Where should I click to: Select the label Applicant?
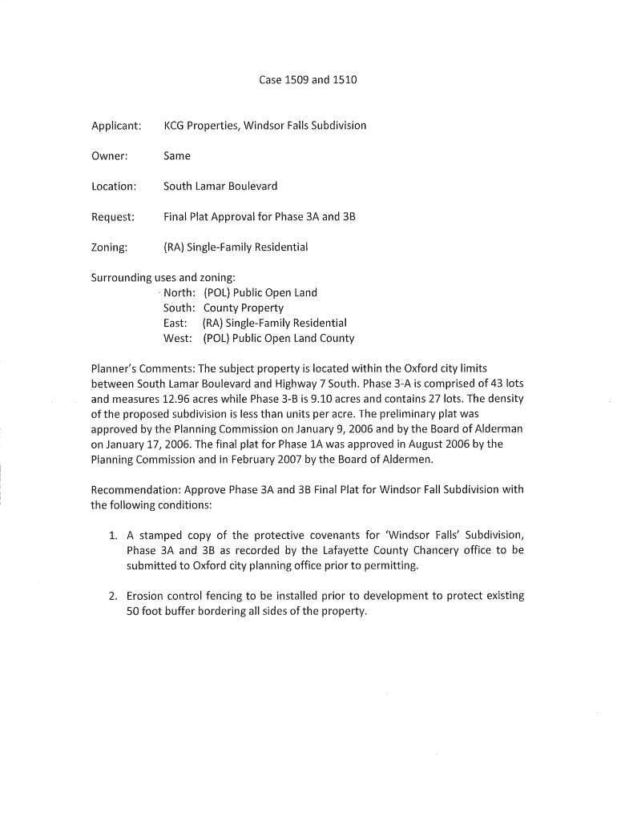[x=116, y=126]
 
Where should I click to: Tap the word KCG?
[x=176, y=126]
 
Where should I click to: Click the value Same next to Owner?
[x=177, y=156]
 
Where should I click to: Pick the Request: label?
[x=112, y=217]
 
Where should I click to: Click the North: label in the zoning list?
[x=179, y=293]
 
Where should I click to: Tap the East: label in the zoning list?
[x=175, y=324]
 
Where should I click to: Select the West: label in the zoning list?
[x=178, y=339]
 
